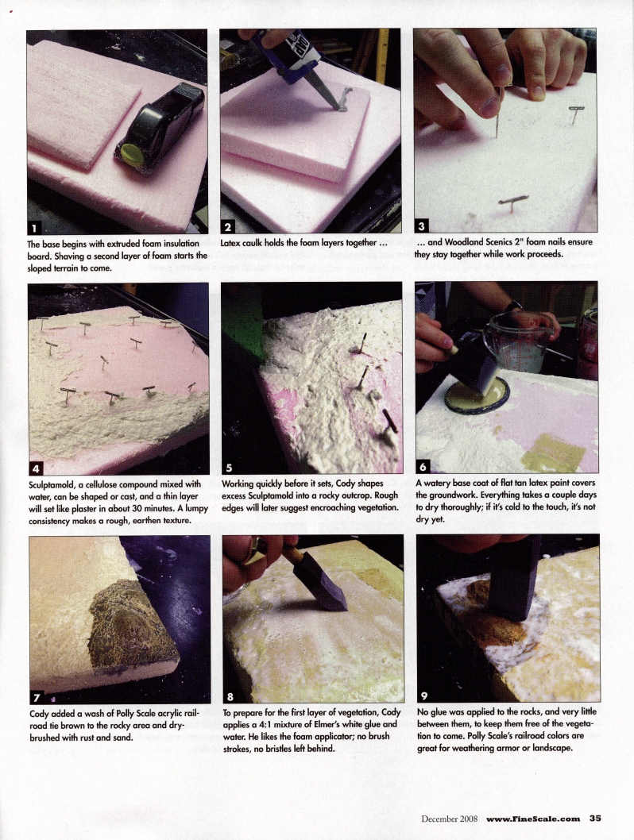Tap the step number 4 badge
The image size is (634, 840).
pyautogui.click(x=36, y=466)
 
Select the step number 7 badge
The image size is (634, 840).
pyautogui.click(x=37, y=696)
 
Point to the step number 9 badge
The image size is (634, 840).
pyautogui.click(x=424, y=696)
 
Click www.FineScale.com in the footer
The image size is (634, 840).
pyautogui.click(x=534, y=819)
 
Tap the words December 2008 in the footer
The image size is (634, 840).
pyautogui.click(x=450, y=819)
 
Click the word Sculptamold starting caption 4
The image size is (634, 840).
pyautogui.click(x=56, y=484)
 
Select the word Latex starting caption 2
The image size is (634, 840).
pyautogui.click(x=233, y=242)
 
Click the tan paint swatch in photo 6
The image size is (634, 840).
pyautogui.click(x=553, y=453)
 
